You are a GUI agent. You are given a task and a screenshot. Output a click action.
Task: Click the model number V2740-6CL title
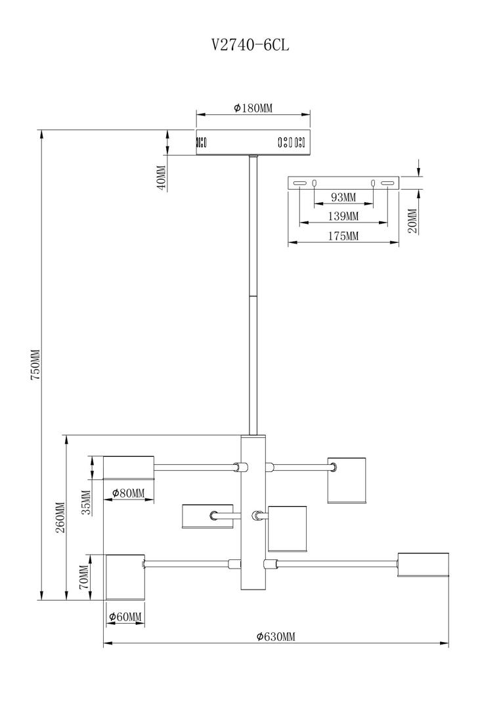(x=250, y=45)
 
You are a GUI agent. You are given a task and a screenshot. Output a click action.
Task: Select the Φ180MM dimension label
(x=253, y=108)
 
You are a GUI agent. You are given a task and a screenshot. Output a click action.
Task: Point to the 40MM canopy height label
(x=161, y=177)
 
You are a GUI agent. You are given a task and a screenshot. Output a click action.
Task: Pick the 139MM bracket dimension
(x=343, y=216)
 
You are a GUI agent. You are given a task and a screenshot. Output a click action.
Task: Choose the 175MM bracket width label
(x=343, y=236)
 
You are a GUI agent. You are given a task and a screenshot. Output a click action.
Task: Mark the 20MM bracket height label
(x=412, y=221)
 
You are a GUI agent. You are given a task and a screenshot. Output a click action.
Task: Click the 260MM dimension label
(x=60, y=517)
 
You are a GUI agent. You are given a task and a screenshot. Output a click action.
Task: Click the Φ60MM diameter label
(x=125, y=616)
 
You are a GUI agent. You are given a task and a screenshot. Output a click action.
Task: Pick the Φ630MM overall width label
(x=276, y=636)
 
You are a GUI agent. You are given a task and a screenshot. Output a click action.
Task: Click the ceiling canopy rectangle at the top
(x=253, y=142)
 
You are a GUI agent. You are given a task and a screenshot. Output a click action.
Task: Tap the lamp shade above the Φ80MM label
(x=129, y=467)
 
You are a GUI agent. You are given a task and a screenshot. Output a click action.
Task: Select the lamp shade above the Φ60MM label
(x=125, y=577)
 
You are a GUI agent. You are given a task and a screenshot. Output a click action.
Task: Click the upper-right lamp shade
(x=346, y=480)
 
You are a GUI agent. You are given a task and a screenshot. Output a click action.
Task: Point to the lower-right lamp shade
(x=423, y=565)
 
